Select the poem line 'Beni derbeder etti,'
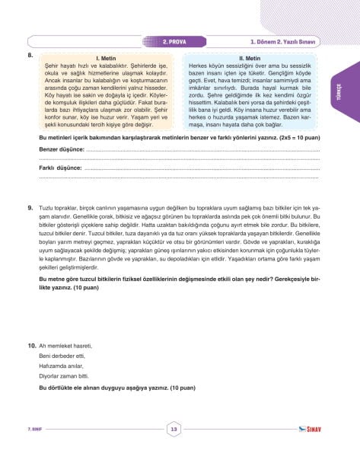(62, 356)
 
